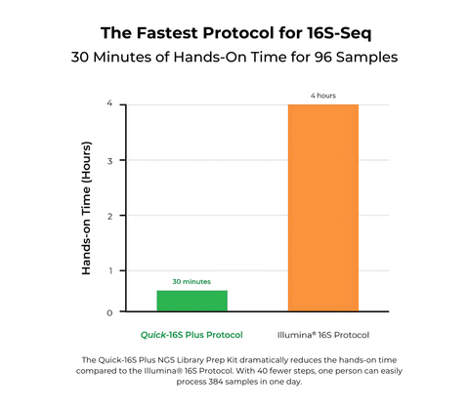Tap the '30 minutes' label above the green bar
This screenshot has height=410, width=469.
192,281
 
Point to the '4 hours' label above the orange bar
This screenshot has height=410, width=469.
323,95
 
